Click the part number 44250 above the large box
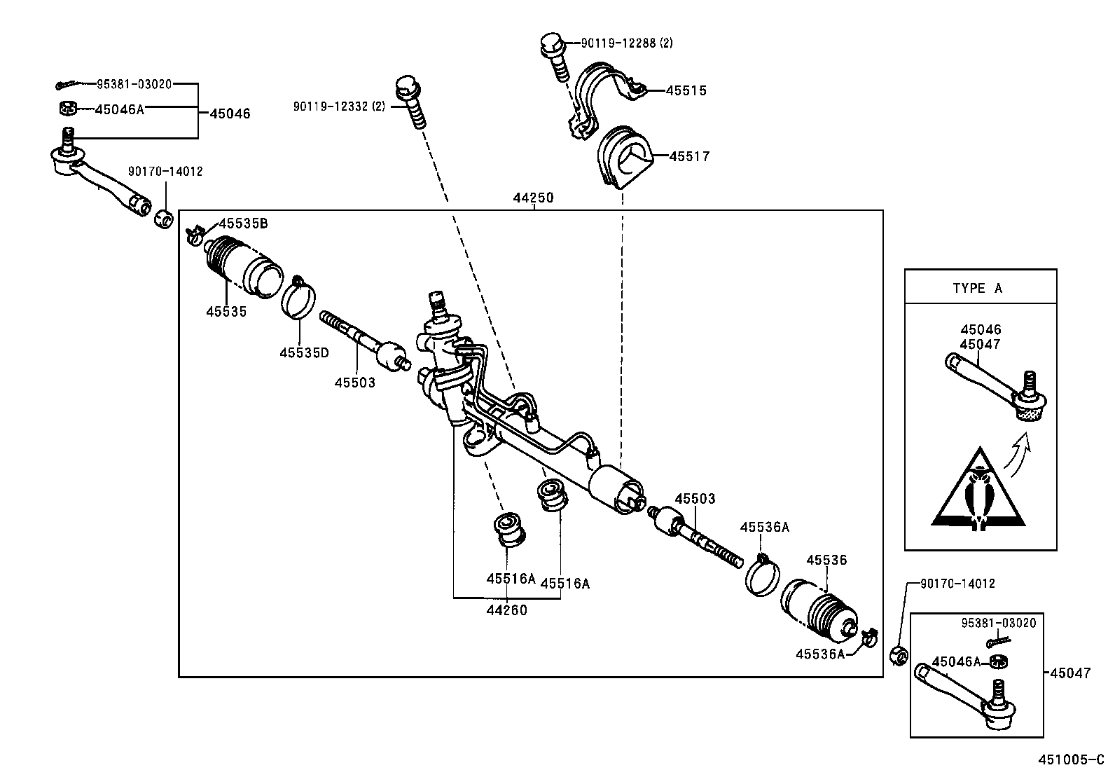pos(533,198)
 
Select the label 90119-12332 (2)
pos(339,106)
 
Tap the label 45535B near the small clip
pos(243,224)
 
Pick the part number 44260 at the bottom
pos(506,610)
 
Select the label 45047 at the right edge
pos(1070,673)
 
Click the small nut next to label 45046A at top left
pos(67,108)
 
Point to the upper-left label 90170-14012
pos(165,171)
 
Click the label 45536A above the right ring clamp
pos(764,528)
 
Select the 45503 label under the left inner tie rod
pos(354,383)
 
